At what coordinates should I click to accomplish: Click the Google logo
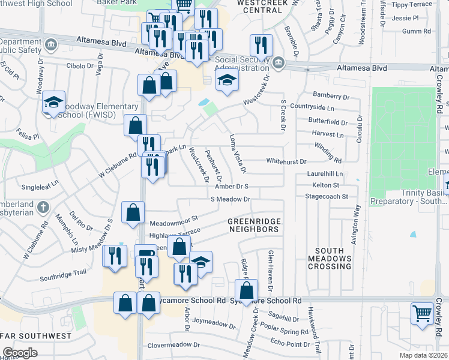(x=20, y=353)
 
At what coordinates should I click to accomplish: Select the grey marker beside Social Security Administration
(x=279, y=62)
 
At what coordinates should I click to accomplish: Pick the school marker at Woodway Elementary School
(x=53, y=103)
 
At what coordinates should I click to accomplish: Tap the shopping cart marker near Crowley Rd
(x=422, y=313)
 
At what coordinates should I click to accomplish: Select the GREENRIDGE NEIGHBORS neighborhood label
(x=254, y=225)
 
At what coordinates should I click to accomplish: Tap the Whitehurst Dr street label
(x=286, y=161)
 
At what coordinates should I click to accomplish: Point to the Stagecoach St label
(x=327, y=196)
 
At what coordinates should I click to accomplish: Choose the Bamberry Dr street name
(x=331, y=96)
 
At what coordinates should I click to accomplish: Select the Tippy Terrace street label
(x=411, y=4)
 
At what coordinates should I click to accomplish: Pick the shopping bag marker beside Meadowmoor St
(x=133, y=211)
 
